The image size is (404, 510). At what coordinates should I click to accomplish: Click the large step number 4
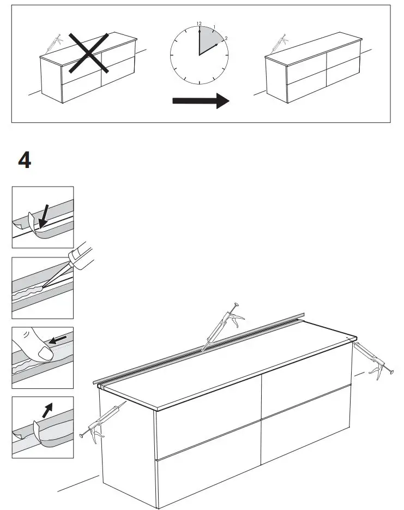click(25, 160)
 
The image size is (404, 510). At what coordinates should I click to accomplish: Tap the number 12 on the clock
click(199, 24)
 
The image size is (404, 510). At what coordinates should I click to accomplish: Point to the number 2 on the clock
click(225, 39)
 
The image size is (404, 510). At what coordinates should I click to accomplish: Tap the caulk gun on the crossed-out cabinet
click(52, 43)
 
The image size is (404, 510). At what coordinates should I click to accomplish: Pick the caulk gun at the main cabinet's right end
click(371, 361)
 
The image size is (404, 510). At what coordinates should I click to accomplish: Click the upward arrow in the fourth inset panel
click(48, 409)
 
